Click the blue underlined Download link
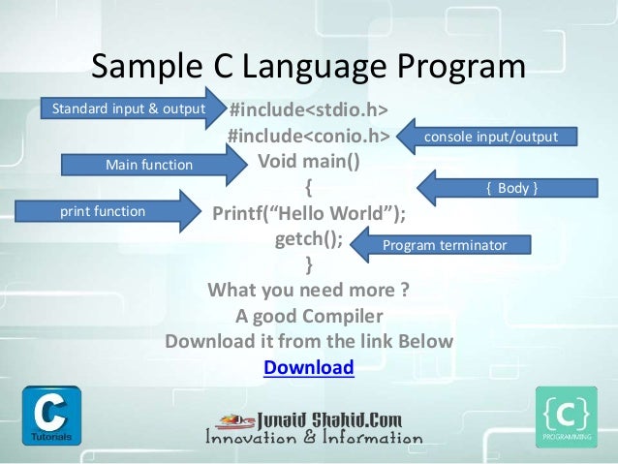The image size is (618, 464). (x=309, y=367)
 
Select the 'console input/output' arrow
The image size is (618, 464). (x=490, y=138)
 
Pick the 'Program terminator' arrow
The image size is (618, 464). (x=444, y=245)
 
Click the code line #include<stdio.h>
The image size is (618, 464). (x=308, y=108)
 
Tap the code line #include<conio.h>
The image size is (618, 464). (x=308, y=135)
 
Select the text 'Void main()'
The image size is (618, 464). (x=308, y=160)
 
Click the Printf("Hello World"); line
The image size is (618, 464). (x=308, y=212)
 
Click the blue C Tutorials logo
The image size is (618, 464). (x=50, y=415)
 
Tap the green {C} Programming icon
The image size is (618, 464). (x=566, y=416)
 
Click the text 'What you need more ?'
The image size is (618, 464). (x=308, y=290)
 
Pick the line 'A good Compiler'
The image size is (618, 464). (x=308, y=316)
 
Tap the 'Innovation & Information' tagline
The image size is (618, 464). (x=315, y=438)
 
